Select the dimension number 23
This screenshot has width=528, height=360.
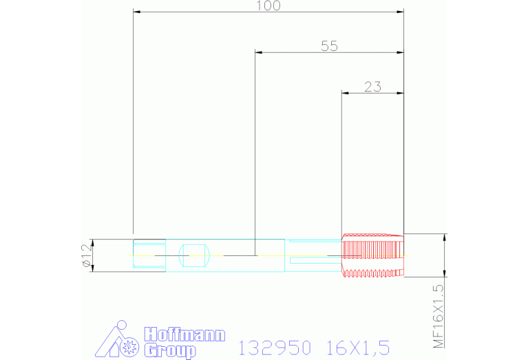click(x=372, y=87)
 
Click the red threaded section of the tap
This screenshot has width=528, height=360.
click(x=372, y=255)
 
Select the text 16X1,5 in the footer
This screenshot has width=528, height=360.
click(x=359, y=346)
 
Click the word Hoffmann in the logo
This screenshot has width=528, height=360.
click(x=184, y=336)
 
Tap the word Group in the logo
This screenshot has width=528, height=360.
click(x=169, y=351)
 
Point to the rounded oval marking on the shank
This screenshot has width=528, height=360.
click(x=194, y=255)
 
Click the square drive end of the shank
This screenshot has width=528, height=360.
click(x=149, y=255)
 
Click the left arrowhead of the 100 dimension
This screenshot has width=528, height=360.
click(x=136, y=12)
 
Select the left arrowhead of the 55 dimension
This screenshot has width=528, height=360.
click(x=258, y=52)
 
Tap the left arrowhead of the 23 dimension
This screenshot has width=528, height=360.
click(x=346, y=93)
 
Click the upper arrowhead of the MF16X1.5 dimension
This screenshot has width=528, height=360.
click(x=445, y=237)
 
